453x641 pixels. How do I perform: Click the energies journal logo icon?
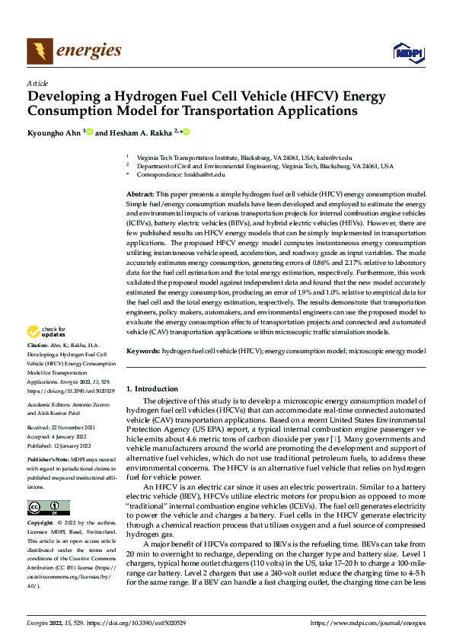pos(40,51)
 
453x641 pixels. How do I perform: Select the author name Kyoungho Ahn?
pos(53,132)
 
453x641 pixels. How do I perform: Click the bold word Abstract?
pos(140,195)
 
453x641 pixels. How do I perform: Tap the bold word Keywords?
pos(142,351)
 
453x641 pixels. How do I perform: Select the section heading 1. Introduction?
pos(152,389)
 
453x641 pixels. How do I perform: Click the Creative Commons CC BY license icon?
pos(48,486)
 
